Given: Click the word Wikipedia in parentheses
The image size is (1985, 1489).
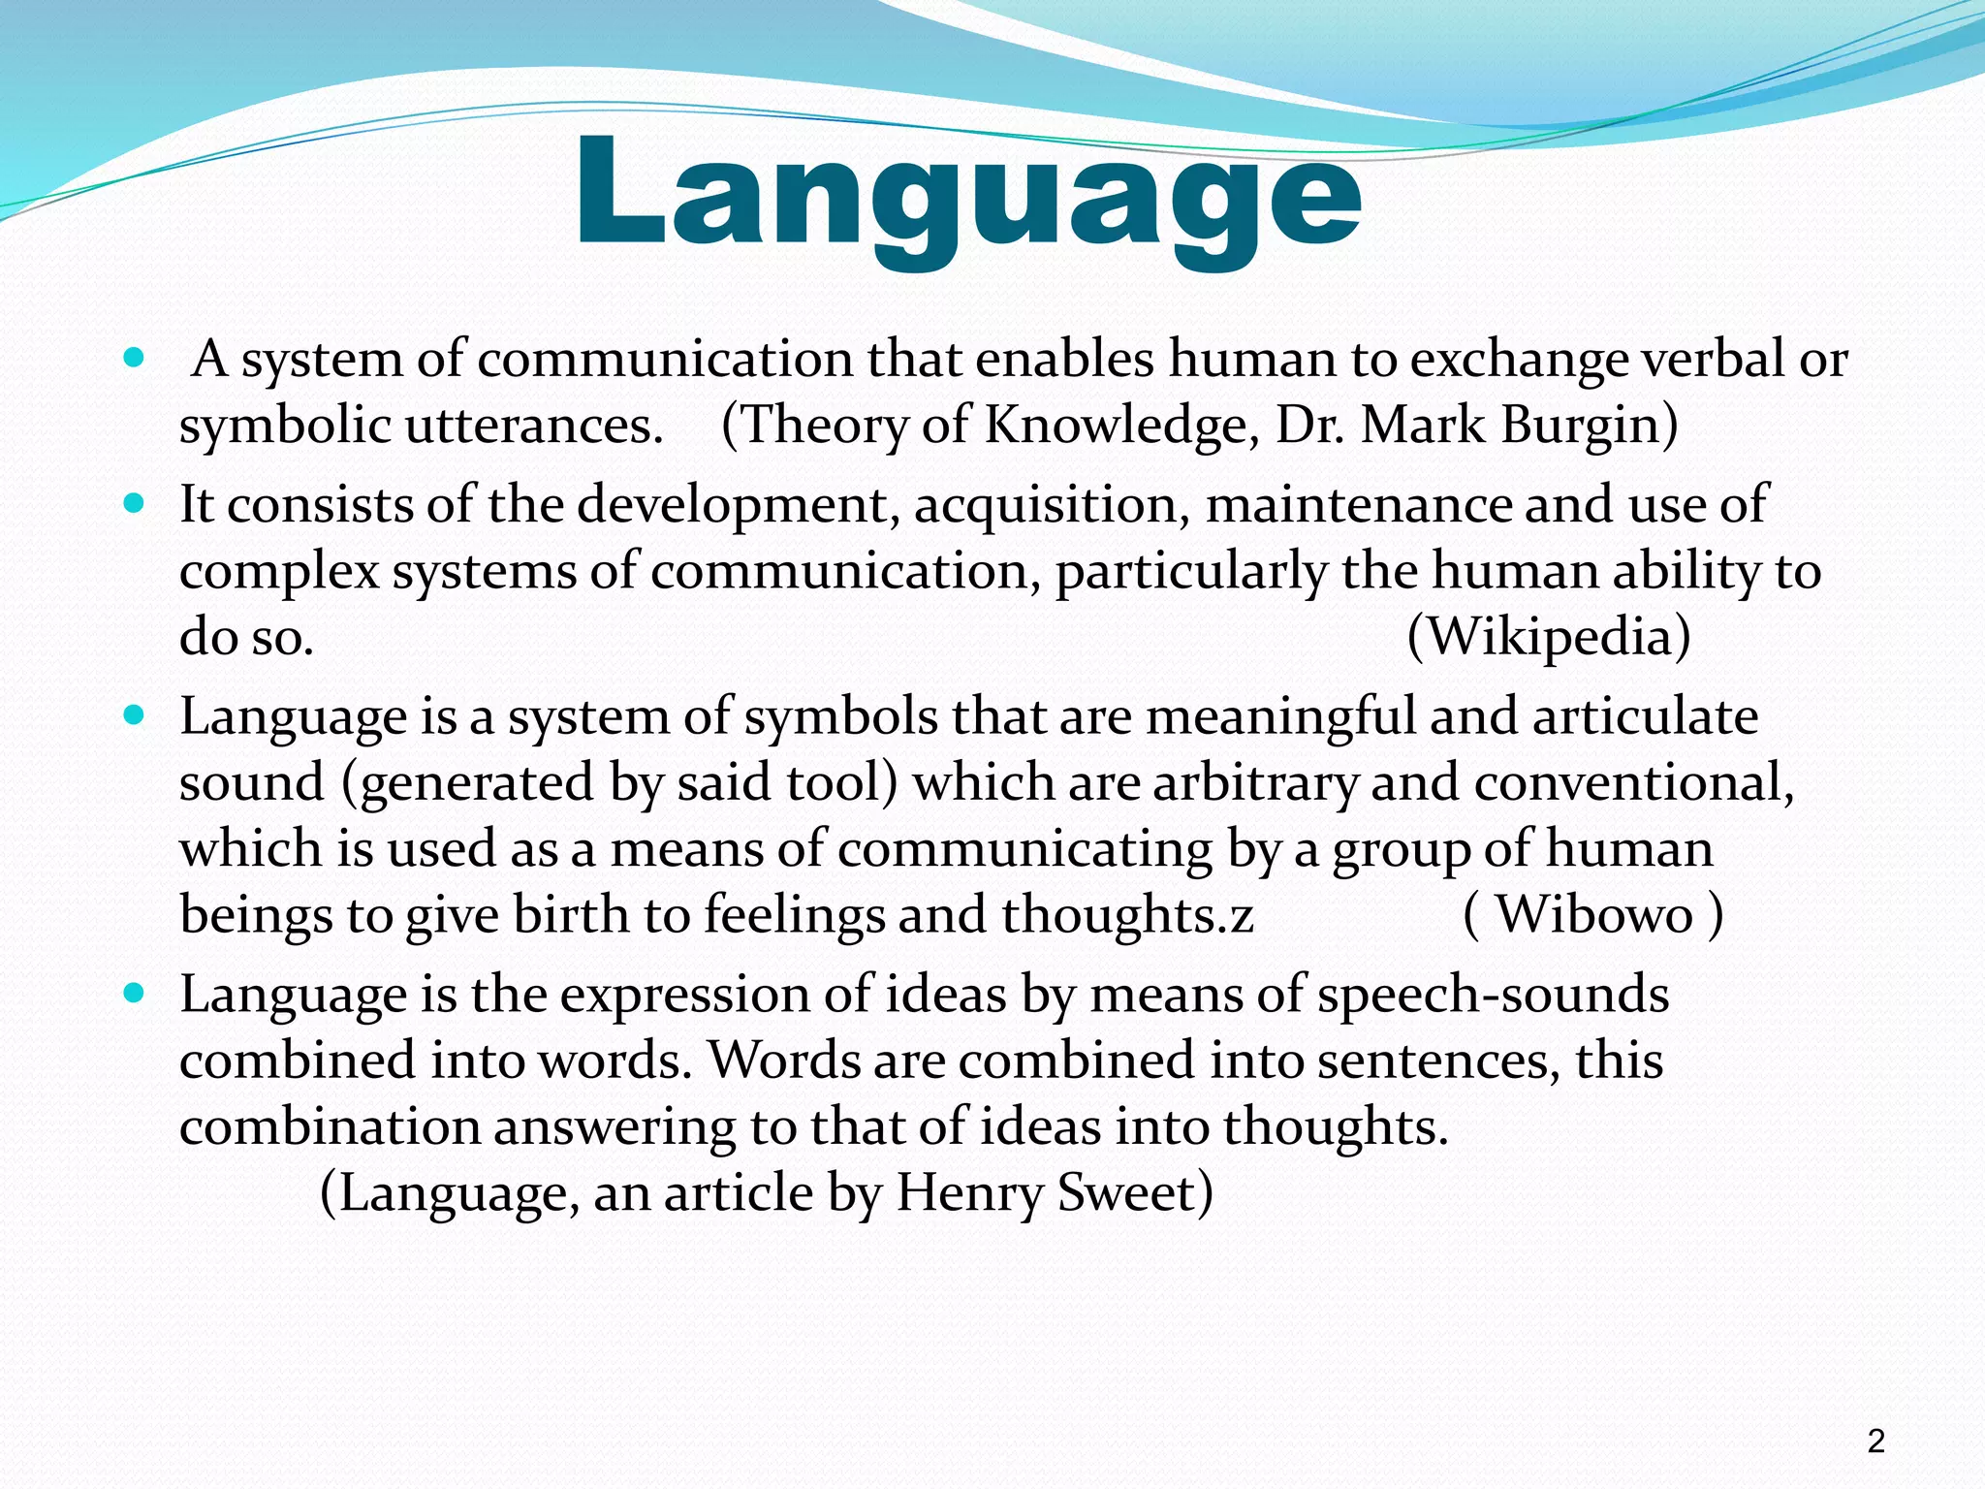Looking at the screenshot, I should click(1548, 637).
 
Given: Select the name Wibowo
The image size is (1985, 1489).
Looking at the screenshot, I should click(1593, 914).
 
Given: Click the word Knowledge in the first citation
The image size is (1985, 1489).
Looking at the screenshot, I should click(1116, 425).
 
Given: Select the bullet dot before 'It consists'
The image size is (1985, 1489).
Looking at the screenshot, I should click(134, 504).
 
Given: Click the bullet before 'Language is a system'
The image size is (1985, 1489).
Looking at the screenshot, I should click(134, 716).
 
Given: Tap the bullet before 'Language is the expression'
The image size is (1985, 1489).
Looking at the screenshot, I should click(134, 994).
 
